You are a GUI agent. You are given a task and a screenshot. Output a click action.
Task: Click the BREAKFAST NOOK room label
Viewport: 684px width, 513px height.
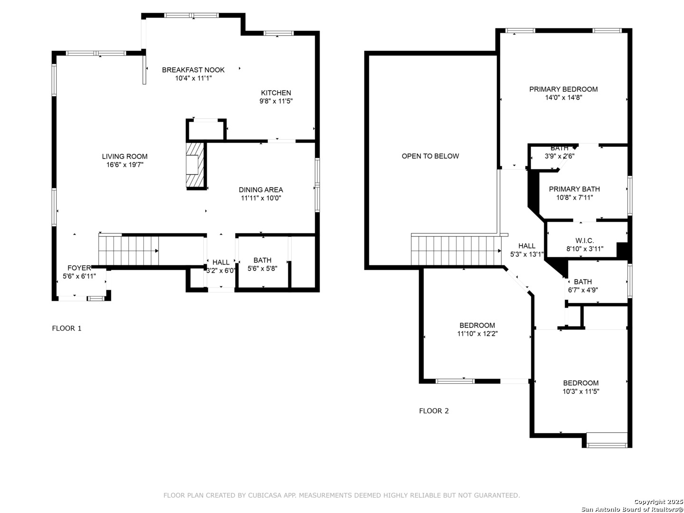pos(193,70)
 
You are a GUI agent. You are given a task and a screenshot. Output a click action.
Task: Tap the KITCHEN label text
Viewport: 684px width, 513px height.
pos(276,93)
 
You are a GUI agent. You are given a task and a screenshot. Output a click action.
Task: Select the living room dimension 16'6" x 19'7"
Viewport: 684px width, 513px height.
pos(124,164)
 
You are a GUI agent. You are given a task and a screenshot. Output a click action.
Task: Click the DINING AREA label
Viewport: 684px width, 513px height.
pos(261,190)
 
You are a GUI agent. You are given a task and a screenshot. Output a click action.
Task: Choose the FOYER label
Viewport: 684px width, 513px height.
pos(79,268)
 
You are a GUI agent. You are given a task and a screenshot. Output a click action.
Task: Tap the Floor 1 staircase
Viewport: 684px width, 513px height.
pos(129,250)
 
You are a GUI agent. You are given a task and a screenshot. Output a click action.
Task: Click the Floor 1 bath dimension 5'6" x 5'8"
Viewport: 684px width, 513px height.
pos(262,268)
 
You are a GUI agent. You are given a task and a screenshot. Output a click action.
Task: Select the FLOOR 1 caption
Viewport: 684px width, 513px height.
pos(66,328)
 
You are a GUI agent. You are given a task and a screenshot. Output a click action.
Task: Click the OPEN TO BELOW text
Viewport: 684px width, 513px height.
pos(430,156)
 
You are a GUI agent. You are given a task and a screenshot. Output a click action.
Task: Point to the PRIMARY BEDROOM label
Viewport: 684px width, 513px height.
pos(563,89)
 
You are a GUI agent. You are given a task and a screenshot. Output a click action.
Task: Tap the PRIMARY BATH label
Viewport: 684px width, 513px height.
pos(574,189)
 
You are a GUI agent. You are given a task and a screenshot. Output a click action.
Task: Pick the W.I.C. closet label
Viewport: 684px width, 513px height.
pos(584,240)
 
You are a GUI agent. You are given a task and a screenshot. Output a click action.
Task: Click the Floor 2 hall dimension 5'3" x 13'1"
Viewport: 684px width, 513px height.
pos(527,254)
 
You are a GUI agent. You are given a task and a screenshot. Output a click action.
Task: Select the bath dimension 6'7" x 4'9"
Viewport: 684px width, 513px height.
pos(582,290)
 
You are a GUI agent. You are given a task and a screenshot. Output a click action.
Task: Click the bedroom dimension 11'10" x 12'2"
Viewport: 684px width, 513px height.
pos(477,333)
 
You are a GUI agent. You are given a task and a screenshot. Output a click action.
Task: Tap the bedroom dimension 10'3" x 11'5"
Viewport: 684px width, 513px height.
pos(580,391)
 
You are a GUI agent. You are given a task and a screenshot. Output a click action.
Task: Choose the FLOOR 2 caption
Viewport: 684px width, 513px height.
pos(434,411)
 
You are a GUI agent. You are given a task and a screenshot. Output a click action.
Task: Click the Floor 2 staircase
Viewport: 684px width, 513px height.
pos(456,250)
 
